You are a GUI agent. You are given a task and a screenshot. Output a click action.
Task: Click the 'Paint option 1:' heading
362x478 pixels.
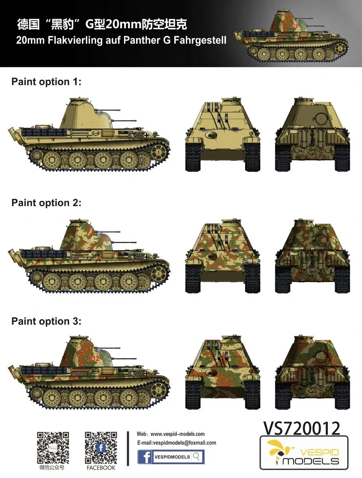[46, 82]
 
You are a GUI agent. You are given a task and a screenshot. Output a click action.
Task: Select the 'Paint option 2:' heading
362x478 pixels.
[46, 203]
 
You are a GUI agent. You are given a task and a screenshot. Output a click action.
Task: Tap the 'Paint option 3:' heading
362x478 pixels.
[46, 321]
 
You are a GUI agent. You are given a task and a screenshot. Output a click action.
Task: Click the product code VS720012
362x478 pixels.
[302, 428]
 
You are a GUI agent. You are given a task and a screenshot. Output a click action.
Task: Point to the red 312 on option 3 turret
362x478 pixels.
[94, 358]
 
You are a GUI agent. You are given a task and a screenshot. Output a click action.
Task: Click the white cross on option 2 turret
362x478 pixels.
[95, 239]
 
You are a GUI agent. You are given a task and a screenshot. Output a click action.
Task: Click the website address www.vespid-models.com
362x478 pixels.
[177, 434]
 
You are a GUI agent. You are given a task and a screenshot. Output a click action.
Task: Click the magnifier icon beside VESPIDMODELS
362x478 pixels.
[197, 456]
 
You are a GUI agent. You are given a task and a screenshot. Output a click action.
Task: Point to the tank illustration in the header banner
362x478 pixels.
[291, 36]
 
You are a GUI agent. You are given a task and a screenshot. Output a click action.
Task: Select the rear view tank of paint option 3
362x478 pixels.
[312, 372]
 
